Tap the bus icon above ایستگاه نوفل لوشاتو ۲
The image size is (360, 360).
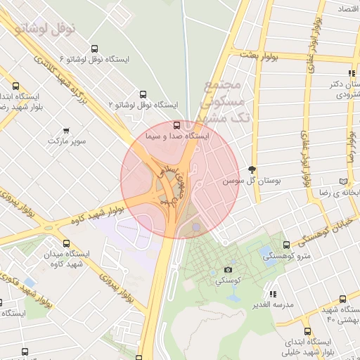(x=144, y=94)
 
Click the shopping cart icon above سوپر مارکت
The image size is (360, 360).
(x=67, y=130)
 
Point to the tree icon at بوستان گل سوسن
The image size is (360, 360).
(x=252, y=169)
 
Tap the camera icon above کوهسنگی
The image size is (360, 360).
(x=228, y=270)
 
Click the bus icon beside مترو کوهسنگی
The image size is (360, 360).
(x=285, y=245)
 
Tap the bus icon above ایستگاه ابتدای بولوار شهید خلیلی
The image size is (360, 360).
(x=307, y=331)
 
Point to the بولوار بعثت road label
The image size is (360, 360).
(x=259, y=54)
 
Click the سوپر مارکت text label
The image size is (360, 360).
(x=67, y=141)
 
